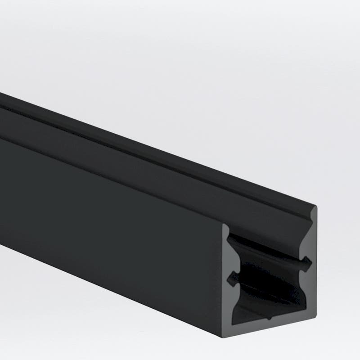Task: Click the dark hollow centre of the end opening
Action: click(x=270, y=279)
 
